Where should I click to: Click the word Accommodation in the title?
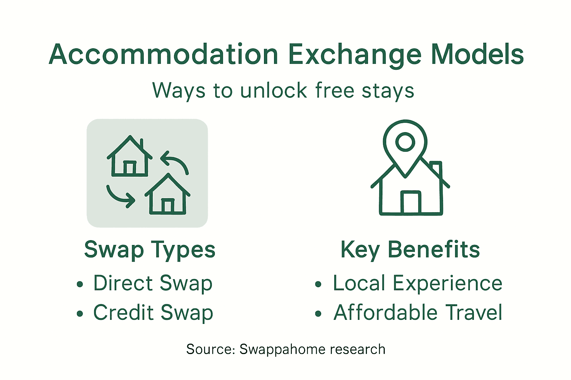tap(164, 55)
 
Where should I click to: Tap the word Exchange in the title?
tap(355, 55)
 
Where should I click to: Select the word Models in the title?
tap(477, 55)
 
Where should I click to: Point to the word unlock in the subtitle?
tap(274, 91)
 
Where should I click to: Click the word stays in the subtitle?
tap(388, 91)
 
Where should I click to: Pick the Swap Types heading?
tap(149, 249)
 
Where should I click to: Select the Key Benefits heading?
tap(410, 249)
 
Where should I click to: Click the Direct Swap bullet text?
tap(153, 284)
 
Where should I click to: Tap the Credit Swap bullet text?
tap(153, 312)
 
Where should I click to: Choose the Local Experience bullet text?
tap(417, 284)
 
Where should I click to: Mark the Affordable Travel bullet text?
tap(418, 312)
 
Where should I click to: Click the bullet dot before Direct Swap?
tap(80, 285)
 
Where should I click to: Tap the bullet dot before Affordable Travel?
tap(318, 314)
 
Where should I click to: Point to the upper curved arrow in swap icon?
tap(175, 162)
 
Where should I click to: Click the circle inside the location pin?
tap(405, 141)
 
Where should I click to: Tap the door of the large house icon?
tap(411, 203)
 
